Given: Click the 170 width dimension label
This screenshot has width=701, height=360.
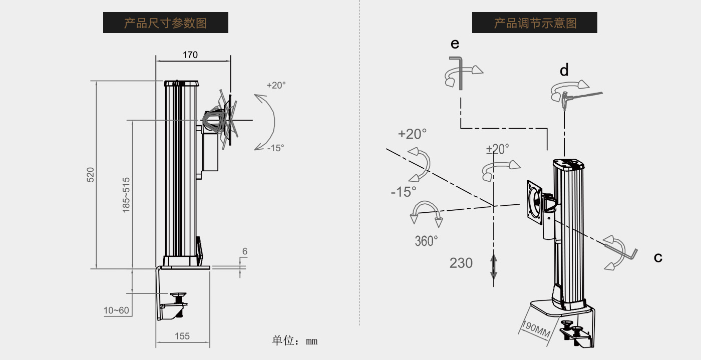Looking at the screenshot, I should (x=190, y=55).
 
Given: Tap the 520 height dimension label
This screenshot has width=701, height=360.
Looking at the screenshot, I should (x=91, y=175).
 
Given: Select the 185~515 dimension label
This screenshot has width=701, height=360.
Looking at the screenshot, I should (x=126, y=195).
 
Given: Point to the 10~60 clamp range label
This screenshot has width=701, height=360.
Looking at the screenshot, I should (x=116, y=310).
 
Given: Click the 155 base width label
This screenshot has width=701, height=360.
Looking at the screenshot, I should (x=182, y=336).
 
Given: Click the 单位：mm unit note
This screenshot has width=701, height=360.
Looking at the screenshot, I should (x=294, y=341).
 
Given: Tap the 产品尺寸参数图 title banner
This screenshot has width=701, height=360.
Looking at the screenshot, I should (x=165, y=23).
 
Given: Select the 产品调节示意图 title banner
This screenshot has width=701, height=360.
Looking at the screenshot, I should (x=534, y=23).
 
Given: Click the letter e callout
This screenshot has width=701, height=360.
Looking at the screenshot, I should (x=455, y=44).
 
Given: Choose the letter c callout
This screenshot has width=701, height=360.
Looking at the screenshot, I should (x=658, y=258).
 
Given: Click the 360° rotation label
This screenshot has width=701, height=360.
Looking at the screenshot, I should (x=426, y=241).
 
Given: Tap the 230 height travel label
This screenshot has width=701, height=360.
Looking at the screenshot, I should (x=461, y=263).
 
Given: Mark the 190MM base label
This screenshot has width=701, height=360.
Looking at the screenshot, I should (x=536, y=329).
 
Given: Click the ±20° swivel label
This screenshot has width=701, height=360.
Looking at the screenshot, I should (x=497, y=149).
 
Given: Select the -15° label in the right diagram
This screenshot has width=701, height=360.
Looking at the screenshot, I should (x=404, y=192).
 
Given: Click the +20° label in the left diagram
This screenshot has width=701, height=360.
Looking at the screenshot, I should (x=276, y=85).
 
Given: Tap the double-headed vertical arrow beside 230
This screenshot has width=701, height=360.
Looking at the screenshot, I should (x=494, y=266).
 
